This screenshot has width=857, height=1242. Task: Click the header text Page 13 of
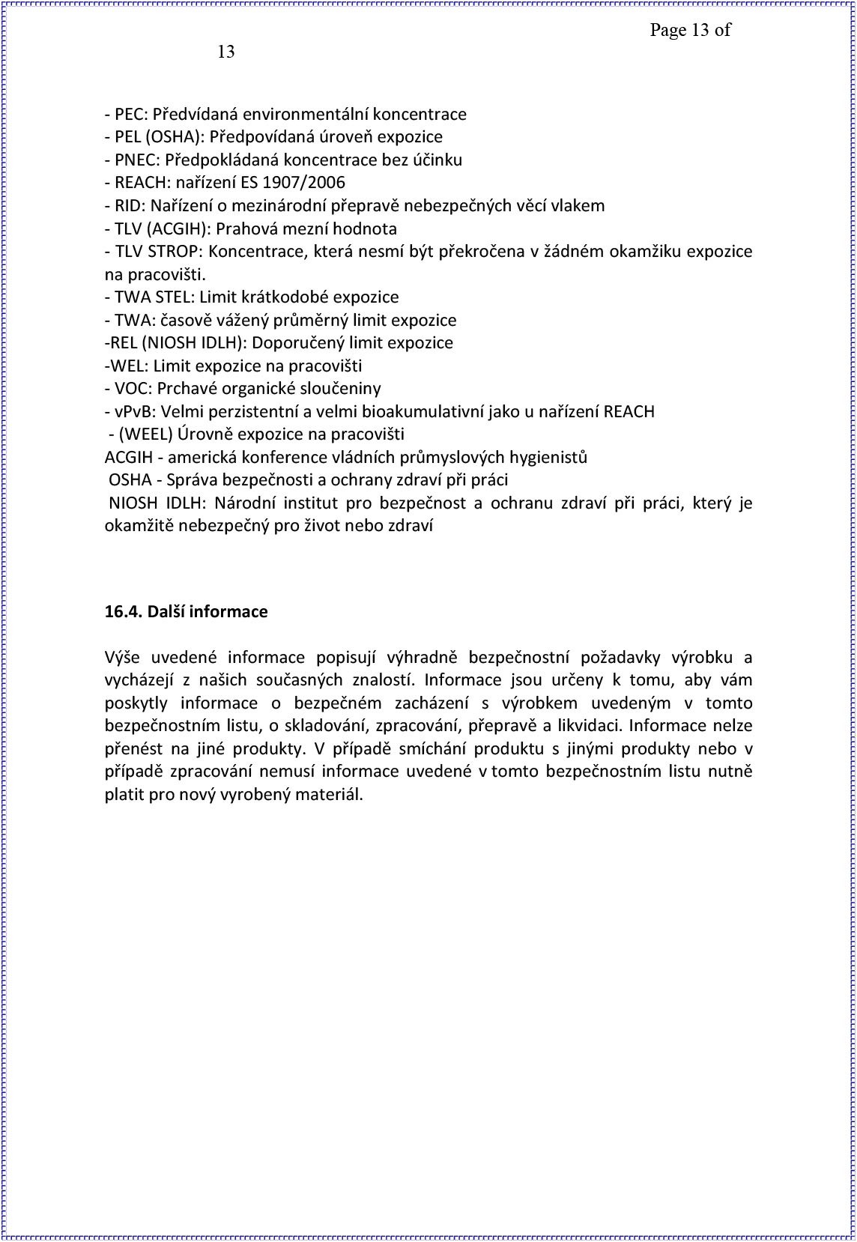click(689, 31)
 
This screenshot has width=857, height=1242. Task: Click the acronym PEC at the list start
click(130, 115)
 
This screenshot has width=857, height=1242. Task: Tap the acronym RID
click(127, 206)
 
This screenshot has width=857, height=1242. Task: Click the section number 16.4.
click(123, 612)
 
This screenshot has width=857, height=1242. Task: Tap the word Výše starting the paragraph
click(123, 658)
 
